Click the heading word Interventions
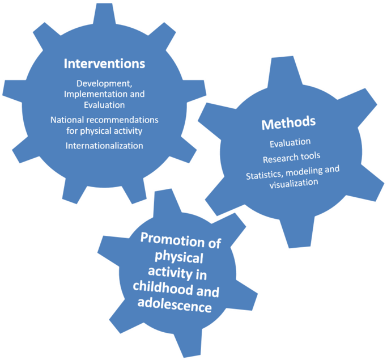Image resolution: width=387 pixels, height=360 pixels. click(x=104, y=63)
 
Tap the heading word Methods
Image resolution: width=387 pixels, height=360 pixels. click(x=288, y=123)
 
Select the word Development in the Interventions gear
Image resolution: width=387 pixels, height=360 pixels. click(x=104, y=84)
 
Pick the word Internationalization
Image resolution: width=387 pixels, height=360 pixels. click(x=104, y=146)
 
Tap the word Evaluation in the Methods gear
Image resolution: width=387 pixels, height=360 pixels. click(x=290, y=143)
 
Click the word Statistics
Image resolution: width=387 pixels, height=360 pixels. click(x=265, y=175)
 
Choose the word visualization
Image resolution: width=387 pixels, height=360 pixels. click(x=294, y=184)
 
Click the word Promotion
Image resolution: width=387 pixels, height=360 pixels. click(x=172, y=240)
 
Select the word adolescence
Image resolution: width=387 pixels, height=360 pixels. click(x=175, y=305)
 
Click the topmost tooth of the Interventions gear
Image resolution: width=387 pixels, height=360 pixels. click(x=104, y=14)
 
